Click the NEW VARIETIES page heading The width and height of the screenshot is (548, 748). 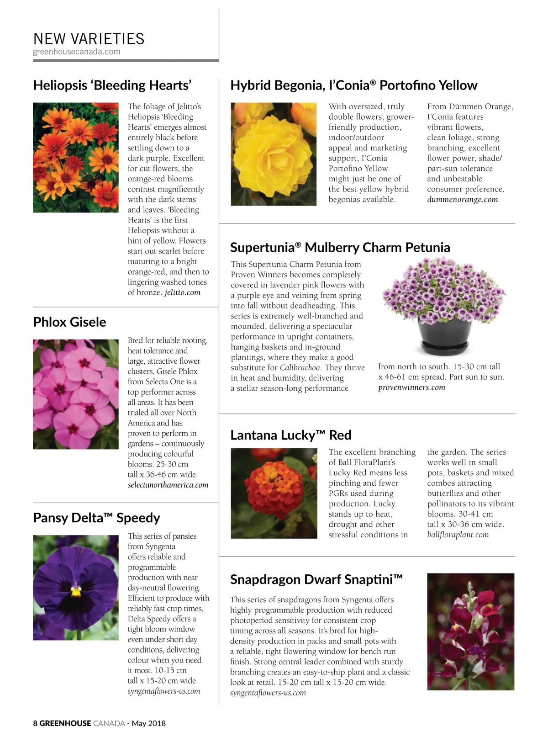tap(89, 39)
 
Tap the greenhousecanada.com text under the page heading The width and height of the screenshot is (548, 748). tap(77, 52)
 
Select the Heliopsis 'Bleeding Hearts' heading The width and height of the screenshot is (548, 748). tap(112, 85)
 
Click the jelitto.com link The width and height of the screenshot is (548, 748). tap(182, 292)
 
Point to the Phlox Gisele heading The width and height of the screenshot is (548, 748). tap(70, 322)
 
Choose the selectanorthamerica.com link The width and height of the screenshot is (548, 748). tap(168, 485)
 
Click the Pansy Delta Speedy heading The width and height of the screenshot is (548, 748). tap(97, 518)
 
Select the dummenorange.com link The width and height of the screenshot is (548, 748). tap(463, 200)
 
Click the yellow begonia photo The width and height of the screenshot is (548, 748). tap(274, 154)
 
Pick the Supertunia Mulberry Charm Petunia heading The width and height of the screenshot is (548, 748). tap(340, 248)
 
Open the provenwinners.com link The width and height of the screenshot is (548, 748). tap(411, 387)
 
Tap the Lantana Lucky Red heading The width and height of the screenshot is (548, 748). tap(291, 435)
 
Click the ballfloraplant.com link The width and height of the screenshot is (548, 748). tap(458, 535)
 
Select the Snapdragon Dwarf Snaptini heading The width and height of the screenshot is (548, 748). tap(316, 580)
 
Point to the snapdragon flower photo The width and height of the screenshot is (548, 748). tap(470, 631)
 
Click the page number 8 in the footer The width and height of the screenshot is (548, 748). tap(35, 723)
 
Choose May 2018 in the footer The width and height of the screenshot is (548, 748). tap(149, 723)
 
